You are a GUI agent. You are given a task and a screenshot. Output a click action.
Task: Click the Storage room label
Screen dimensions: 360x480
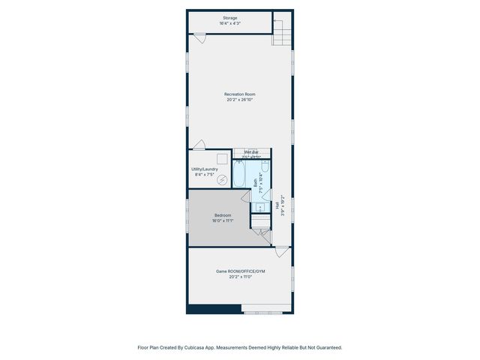click(229, 18)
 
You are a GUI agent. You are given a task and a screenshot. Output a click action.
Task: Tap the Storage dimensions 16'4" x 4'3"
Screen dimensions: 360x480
click(229, 24)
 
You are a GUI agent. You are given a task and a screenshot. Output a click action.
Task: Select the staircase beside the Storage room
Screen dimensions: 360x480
click(281, 31)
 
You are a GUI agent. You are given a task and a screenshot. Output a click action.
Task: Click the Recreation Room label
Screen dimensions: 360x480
click(239, 94)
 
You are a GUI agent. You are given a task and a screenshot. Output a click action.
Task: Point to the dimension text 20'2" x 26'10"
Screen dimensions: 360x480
click(239, 100)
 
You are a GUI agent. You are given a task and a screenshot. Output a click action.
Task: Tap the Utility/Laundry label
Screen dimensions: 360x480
click(205, 169)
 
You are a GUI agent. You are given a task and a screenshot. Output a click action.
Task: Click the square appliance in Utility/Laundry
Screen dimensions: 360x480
click(222, 158)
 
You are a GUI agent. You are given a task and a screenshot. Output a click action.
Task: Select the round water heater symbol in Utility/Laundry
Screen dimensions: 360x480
click(222, 180)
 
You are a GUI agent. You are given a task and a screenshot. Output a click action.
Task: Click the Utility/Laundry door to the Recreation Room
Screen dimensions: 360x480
click(199, 145)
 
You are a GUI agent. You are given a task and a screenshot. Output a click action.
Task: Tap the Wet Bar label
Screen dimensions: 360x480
click(250, 152)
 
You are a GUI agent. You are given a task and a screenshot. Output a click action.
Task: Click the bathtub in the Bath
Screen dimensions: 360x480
click(241, 175)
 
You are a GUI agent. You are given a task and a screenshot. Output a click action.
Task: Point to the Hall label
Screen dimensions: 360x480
click(277, 204)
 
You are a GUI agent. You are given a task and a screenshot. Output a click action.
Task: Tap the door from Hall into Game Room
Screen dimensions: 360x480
click(281, 251)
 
